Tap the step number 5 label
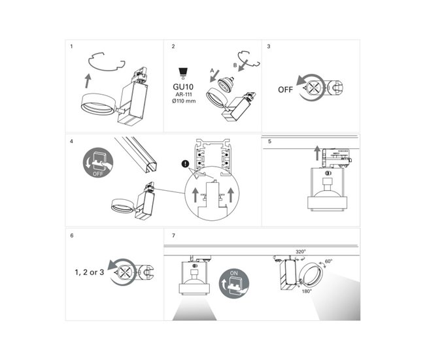pos(269,140)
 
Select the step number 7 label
pos(173,235)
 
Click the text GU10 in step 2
pos(183,86)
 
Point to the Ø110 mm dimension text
pos(183,102)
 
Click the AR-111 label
pos(183,94)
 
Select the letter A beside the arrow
pos(211,70)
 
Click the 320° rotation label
pos(300,251)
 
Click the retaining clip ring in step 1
pos(107,63)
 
